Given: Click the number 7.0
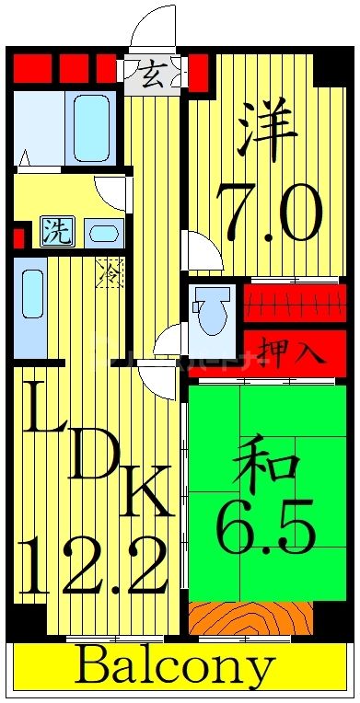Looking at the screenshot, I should pos(269,213).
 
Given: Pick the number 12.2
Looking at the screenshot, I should pos(93,568).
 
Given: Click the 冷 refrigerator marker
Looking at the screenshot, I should pos(109,272).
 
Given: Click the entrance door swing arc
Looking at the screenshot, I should pos(152,28).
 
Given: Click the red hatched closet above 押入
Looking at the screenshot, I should pos(295,302).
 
